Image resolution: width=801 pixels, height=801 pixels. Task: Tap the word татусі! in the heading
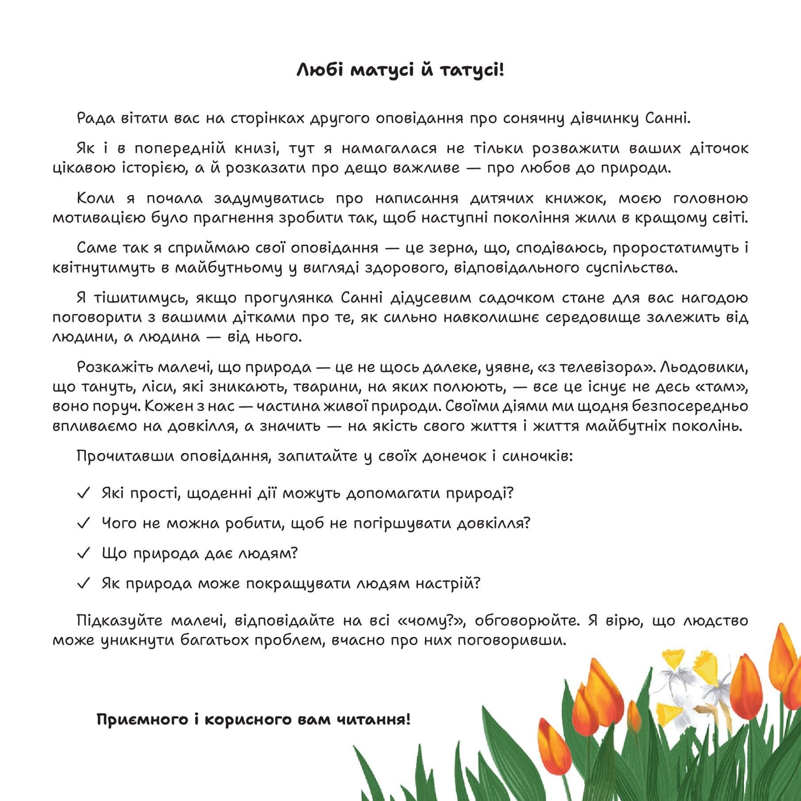pyautogui.click(x=472, y=70)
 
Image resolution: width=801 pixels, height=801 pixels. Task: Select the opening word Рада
pyautogui.click(x=96, y=119)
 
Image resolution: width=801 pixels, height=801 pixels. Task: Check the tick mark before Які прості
pyautogui.click(x=84, y=493)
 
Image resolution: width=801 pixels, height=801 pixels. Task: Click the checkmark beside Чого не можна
pyautogui.click(x=84, y=523)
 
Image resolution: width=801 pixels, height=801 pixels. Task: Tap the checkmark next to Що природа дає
pyautogui.click(x=84, y=553)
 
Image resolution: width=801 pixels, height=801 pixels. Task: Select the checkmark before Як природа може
pyautogui.click(x=84, y=583)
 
